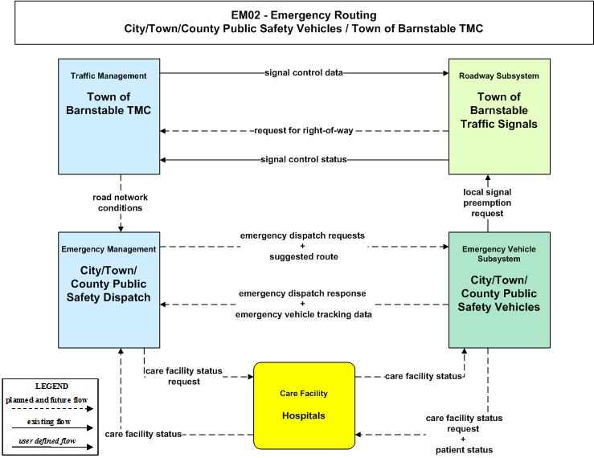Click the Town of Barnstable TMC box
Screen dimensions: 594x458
point(109,117)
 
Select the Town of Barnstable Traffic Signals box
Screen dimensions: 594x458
point(499,117)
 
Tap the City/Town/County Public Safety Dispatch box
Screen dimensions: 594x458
point(109,290)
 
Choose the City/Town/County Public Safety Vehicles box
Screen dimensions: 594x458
point(499,290)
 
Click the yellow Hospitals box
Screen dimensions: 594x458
point(304,406)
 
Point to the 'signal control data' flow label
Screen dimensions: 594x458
point(304,72)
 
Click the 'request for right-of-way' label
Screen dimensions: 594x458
point(304,131)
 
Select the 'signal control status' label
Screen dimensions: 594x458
point(304,159)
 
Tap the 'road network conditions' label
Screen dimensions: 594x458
point(120,202)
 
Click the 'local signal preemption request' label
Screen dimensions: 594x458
point(487,202)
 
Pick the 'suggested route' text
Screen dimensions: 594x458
point(304,257)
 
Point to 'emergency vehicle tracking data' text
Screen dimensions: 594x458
point(304,314)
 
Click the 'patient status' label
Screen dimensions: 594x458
point(464,450)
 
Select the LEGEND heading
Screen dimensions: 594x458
point(51,386)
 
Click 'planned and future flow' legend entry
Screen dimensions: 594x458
point(47,400)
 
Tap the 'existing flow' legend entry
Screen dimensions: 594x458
point(49,422)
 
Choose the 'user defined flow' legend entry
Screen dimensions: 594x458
point(47,441)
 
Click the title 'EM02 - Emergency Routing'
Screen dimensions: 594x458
point(304,15)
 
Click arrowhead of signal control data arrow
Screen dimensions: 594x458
point(446,73)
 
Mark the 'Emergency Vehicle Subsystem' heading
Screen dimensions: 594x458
point(499,254)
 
